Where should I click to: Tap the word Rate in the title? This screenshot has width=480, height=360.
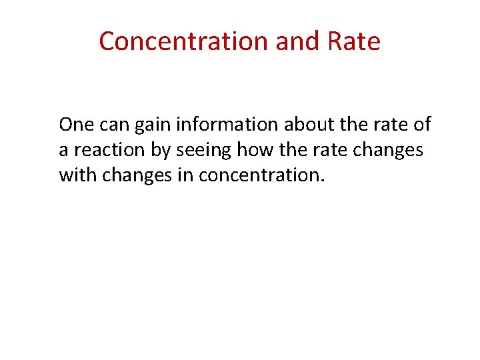click(x=354, y=41)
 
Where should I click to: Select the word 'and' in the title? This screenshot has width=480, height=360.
click(x=290, y=41)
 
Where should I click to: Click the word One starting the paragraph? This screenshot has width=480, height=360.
click(x=75, y=125)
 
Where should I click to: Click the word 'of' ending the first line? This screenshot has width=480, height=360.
click(x=422, y=125)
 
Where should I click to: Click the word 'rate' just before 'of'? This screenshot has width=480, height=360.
click(x=388, y=125)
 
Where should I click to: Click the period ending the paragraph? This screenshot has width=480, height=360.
click(x=323, y=181)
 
